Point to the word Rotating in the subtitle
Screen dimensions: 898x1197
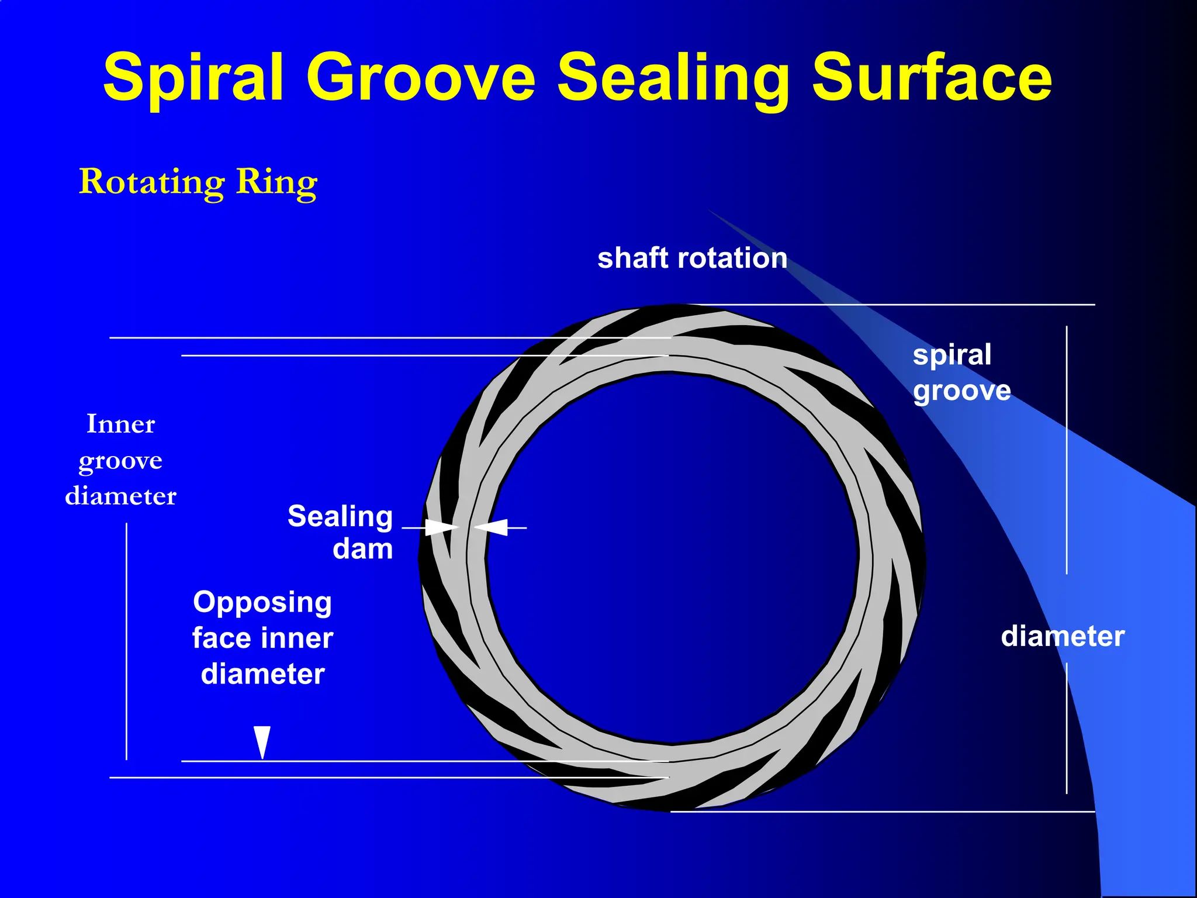pyautogui.click(x=151, y=182)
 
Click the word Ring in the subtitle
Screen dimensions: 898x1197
pyautogui.click(x=276, y=182)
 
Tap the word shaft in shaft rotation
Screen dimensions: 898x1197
pyautogui.click(x=632, y=258)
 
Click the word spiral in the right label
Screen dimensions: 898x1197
pyautogui.click(x=952, y=355)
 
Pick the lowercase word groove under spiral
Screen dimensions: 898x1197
pyautogui.click(x=961, y=391)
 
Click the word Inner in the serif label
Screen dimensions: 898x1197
pyautogui.click(x=120, y=424)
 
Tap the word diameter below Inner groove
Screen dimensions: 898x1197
pyautogui.click(x=120, y=496)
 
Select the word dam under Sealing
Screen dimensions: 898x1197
pyautogui.click(x=362, y=550)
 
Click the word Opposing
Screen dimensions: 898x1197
pyautogui.click(x=262, y=602)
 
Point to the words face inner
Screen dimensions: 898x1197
pyautogui.click(x=262, y=638)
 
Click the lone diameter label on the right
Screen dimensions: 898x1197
pyautogui.click(x=1062, y=636)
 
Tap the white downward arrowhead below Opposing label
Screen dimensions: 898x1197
pyautogui.click(x=262, y=740)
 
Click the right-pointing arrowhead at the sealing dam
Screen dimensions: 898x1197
pyautogui.click(x=440, y=527)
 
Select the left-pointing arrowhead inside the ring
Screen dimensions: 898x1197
pyautogui.click(x=493, y=527)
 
